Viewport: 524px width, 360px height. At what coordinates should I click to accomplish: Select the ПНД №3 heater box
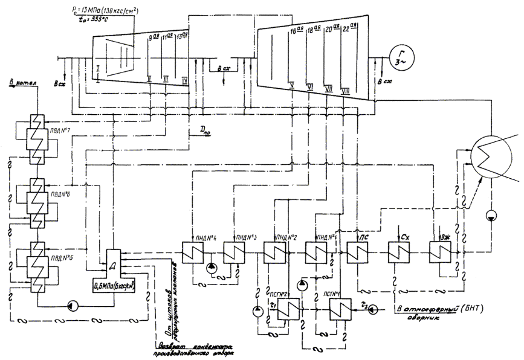[233, 252]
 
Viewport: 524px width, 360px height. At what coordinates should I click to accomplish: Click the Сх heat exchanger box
[399, 252]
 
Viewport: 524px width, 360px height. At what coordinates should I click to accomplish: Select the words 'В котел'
[19, 81]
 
